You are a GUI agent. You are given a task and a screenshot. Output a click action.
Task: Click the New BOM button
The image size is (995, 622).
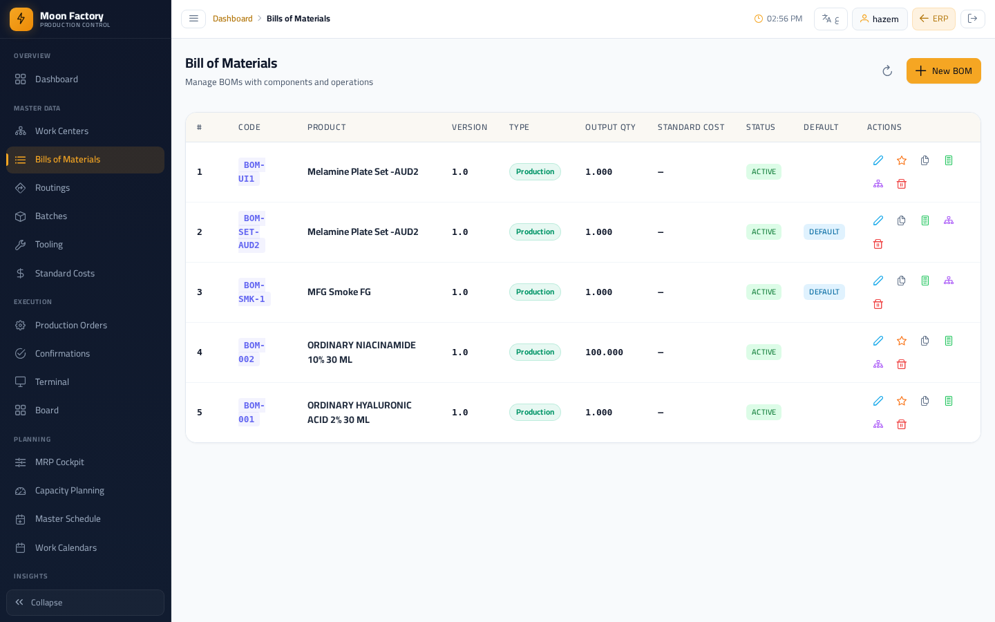click(943, 70)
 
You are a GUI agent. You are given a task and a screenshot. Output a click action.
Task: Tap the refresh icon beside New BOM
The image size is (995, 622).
click(887, 70)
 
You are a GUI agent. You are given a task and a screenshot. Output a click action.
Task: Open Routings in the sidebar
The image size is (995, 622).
click(53, 187)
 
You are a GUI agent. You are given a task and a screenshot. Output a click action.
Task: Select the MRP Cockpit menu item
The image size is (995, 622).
click(59, 462)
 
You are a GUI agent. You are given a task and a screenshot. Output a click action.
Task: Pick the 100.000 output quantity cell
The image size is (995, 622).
click(604, 352)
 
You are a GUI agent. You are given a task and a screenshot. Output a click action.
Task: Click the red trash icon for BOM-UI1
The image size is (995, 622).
click(901, 184)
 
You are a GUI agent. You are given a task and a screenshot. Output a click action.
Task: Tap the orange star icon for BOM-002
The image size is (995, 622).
click(901, 341)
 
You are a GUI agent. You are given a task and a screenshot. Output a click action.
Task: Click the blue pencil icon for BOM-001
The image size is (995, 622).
click(878, 401)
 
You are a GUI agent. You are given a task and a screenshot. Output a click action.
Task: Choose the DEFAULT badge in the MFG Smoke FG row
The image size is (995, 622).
click(824, 292)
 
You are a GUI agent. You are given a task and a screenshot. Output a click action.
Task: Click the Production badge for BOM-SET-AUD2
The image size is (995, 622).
click(535, 232)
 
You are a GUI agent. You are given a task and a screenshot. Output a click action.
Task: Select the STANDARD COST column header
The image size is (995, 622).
click(691, 127)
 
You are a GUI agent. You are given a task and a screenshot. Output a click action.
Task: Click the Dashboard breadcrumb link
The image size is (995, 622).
click(232, 19)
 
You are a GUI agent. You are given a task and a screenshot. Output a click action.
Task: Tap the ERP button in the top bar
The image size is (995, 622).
click(934, 19)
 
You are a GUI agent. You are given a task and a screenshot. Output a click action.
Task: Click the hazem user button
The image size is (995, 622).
click(880, 19)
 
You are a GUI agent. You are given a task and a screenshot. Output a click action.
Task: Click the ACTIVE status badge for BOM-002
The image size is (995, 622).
click(764, 352)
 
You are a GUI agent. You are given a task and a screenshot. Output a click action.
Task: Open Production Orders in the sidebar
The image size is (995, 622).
click(71, 326)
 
